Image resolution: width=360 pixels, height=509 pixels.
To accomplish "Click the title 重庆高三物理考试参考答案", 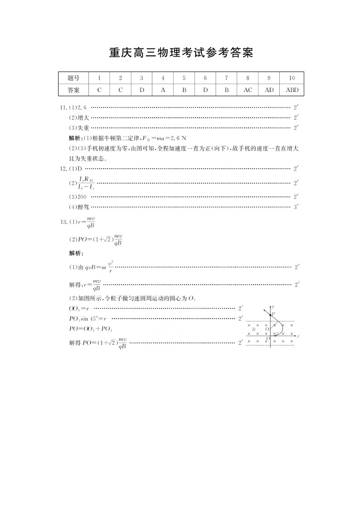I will click(x=180, y=53).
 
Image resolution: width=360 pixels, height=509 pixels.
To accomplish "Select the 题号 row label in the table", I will click(x=73, y=78).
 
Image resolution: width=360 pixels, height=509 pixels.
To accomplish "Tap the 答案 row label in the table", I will click(x=73, y=90).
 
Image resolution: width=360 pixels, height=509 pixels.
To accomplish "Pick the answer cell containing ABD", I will click(x=292, y=90).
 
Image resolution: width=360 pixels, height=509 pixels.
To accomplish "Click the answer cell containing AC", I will click(x=248, y=90).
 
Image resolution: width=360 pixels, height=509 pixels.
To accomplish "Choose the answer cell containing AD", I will click(x=269, y=90).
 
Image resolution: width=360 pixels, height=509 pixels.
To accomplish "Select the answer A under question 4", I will click(x=163, y=90).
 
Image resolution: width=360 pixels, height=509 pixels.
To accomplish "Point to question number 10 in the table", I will click(x=292, y=78).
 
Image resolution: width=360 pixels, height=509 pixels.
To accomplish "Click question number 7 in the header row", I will click(x=226, y=78).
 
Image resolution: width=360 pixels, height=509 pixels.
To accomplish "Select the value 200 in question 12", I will click(x=82, y=197).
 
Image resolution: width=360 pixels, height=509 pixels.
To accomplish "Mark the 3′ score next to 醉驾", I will click(x=296, y=207).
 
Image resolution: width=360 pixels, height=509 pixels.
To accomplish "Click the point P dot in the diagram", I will click(x=271, y=315).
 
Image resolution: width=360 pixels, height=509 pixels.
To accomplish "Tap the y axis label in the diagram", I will click(x=273, y=307).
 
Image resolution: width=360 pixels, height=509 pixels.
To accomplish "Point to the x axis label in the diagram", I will click(x=298, y=336).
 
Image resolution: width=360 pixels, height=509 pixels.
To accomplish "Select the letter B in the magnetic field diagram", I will click(x=253, y=330).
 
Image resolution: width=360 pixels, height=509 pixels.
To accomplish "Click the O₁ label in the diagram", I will click(x=268, y=329).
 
